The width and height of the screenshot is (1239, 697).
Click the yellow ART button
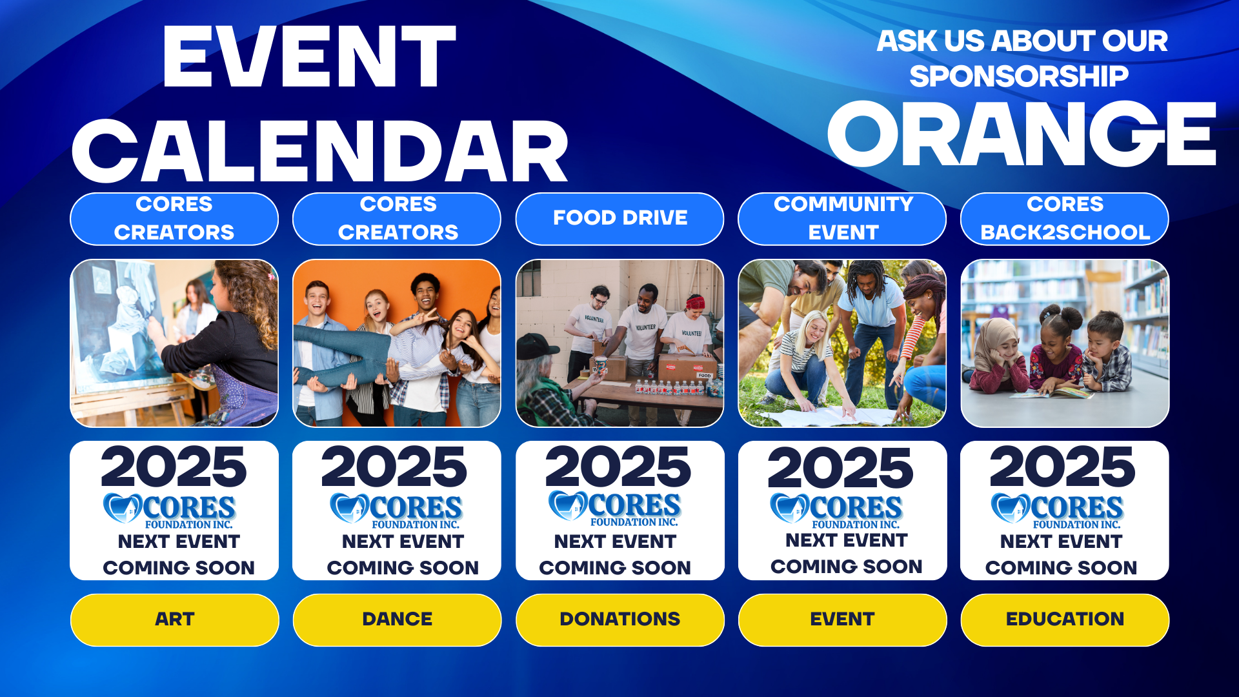click(x=174, y=620)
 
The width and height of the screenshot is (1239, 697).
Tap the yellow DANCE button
click(x=397, y=620)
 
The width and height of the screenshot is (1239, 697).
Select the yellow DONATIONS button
click(x=619, y=620)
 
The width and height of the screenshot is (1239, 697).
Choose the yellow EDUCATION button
click(x=1065, y=620)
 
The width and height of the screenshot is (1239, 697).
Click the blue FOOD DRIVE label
click(x=619, y=219)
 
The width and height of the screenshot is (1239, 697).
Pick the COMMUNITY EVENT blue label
click(x=842, y=219)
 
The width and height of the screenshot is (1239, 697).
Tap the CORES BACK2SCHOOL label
click(x=1065, y=219)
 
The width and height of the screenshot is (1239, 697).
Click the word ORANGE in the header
click(x=1022, y=134)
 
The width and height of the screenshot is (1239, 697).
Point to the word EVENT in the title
click(x=309, y=56)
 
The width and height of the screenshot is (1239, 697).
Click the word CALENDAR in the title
click(x=320, y=151)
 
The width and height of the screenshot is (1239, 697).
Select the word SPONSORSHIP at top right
click(x=1019, y=76)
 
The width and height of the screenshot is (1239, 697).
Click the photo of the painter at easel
click(x=174, y=343)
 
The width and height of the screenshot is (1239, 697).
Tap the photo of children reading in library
click(x=1065, y=343)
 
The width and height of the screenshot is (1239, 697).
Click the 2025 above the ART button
click(x=174, y=467)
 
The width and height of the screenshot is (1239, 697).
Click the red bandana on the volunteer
click(x=695, y=301)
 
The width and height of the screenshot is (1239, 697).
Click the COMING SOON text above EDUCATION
click(x=1061, y=568)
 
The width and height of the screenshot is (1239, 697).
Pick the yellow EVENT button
click(x=842, y=620)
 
